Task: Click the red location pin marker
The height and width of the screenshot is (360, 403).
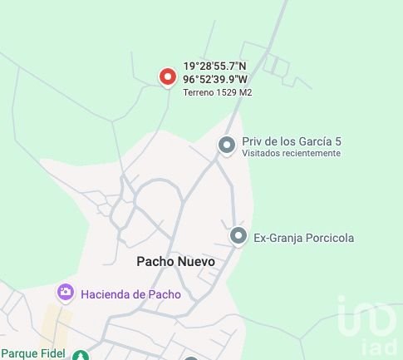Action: point(168,76)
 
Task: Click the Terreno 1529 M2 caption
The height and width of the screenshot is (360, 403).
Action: point(217,92)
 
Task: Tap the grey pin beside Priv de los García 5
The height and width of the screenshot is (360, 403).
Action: point(226,145)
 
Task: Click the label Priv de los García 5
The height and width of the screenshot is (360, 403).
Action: point(291,141)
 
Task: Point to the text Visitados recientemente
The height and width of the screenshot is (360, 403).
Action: point(291,153)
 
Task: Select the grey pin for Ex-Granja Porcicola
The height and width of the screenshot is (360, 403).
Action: point(238,237)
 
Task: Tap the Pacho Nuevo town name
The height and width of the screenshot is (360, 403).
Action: point(175,261)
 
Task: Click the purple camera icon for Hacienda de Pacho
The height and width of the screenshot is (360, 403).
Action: point(66,293)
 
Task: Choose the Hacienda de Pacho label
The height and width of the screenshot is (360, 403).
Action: point(130,293)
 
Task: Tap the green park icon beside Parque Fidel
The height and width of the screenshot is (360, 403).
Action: point(80,355)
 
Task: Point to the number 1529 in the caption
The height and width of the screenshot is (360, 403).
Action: point(226,92)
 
